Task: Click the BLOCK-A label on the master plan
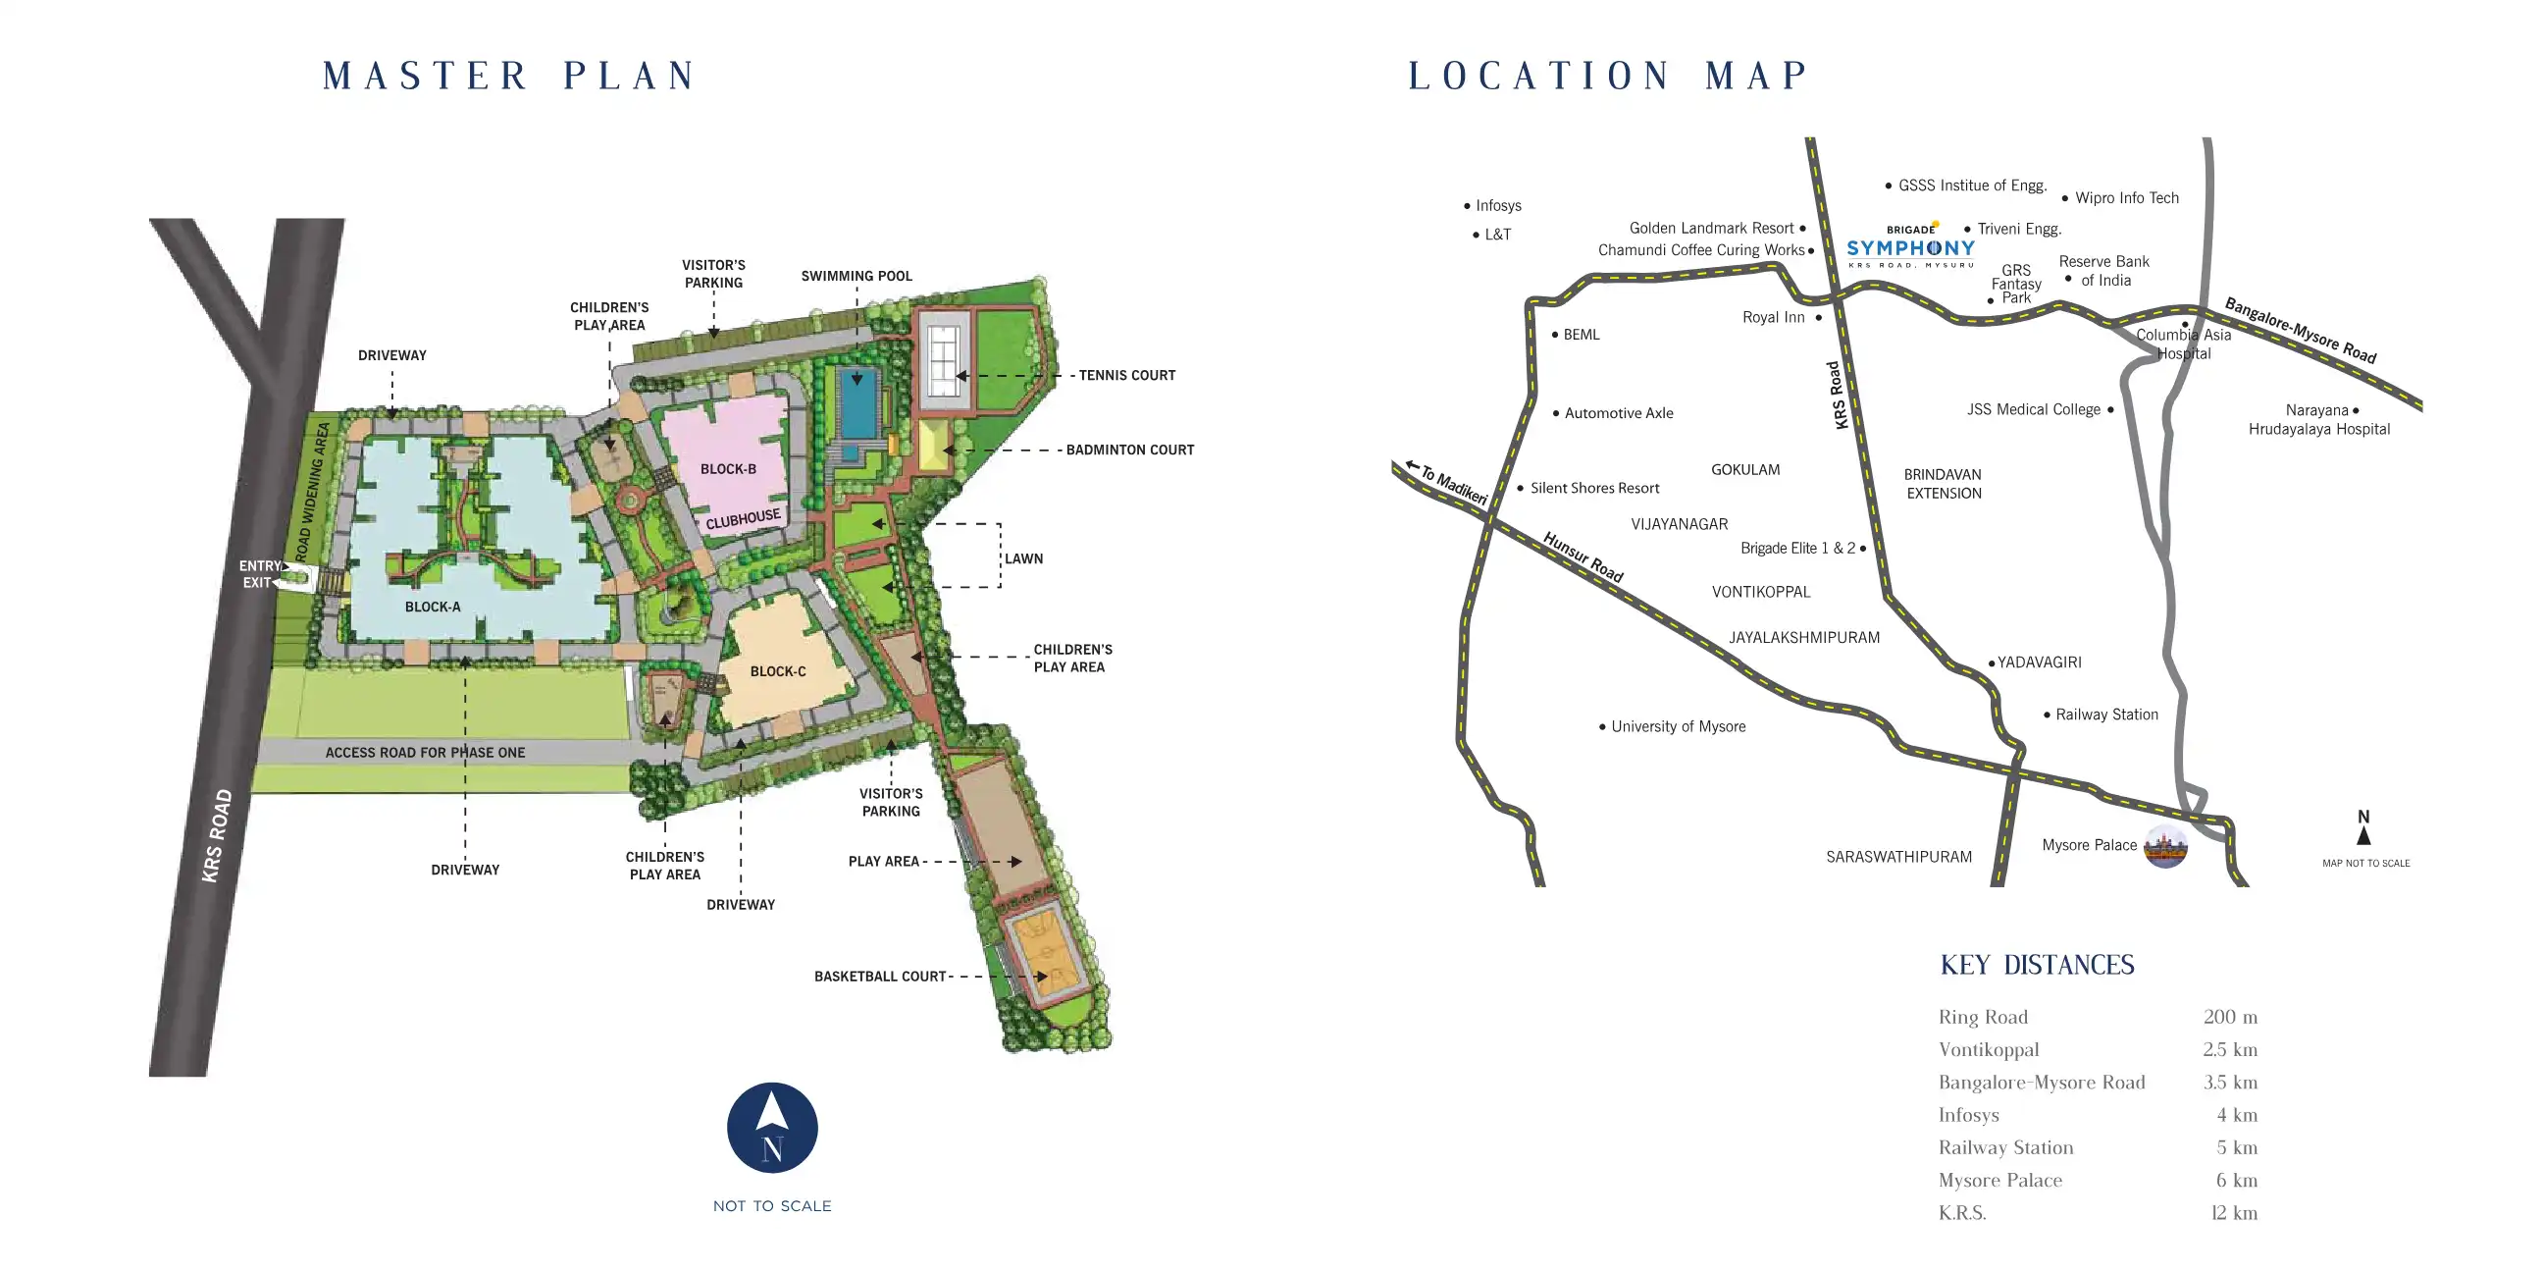coord(433,607)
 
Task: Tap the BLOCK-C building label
coord(778,671)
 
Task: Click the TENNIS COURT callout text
coord(1126,375)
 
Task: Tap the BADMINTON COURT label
coord(1129,450)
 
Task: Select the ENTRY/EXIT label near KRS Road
coord(260,574)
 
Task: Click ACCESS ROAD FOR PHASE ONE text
coord(425,753)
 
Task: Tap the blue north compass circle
coord(772,1128)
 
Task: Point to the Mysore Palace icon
coord(2165,846)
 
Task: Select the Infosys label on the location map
coord(1497,205)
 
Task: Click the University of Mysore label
coord(1678,727)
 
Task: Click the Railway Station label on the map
coord(2105,714)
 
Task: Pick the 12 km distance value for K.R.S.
coord(2233,1213)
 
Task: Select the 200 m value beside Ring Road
coord(2229,1017)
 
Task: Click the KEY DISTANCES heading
coord(2037,965)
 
